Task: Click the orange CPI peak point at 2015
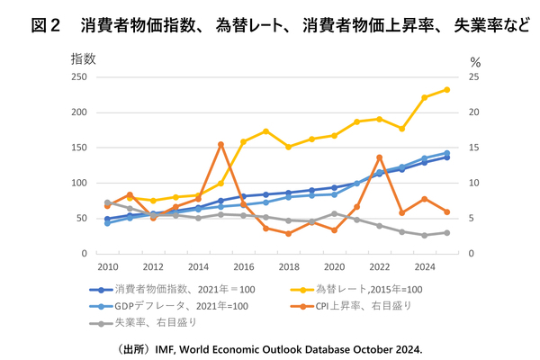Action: [220, 144]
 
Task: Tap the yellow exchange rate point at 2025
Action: [447, 89]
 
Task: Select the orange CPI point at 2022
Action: [380, 157]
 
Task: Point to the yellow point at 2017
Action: [266, 131]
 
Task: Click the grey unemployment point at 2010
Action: [107, 202]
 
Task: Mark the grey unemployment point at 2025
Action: [447, 232]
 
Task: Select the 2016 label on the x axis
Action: [243, 266]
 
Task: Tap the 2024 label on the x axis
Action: [425, 266]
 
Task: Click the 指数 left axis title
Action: [83, 59]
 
